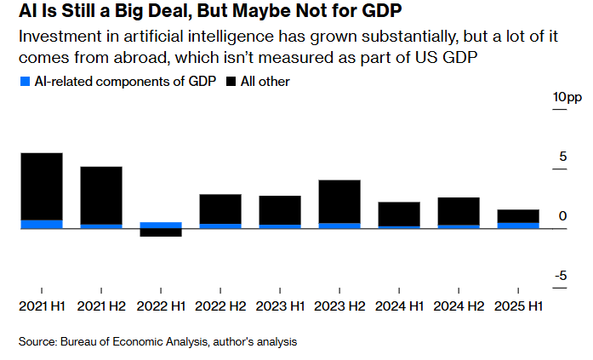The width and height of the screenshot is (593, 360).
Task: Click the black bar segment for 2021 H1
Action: pyautogui.click(x=41, y=186)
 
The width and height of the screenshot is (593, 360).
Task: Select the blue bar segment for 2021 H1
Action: pyautogui.click(x=41, y=224)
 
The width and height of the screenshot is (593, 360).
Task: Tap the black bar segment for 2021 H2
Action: pyautogui.click(x=101, y=195)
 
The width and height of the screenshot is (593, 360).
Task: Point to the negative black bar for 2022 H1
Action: pyautogui.click(x=161, y=232)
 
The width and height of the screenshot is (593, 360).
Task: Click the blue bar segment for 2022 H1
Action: pyautogui.click(x=161, y=225)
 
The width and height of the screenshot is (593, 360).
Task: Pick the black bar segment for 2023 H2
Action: pyautogui.click(x=339, y=201)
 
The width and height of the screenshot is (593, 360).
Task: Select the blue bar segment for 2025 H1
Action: pyautogui.click(x=518, y=226)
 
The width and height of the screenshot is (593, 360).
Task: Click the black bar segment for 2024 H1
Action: pyautogui.click(x=399, y=214)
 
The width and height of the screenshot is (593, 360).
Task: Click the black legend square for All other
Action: pyautogui.click(x=231, y=82)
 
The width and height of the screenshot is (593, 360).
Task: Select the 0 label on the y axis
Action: pyautogui.click(x=562, y=216)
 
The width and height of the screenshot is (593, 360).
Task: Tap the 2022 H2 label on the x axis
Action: pyautogui.click(x=220, y=306)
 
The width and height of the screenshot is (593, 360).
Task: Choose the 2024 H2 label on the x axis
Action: pyautogui.click(x=459, y=306)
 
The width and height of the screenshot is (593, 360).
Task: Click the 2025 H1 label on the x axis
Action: pyautogui.click(x=518, y=306)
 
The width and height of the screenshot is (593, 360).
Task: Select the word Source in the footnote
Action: pyautogui.click(x=37, y=341)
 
